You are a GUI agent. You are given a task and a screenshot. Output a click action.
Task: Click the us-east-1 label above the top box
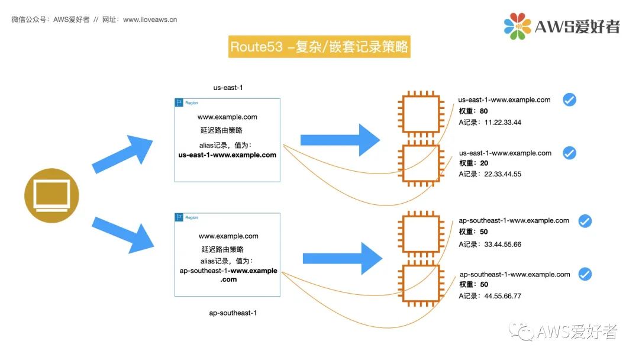click(228, 88)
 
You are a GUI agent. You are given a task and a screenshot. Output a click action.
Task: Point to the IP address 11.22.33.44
click(502, 123)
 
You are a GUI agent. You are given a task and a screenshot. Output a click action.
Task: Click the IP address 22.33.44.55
click(502, 175)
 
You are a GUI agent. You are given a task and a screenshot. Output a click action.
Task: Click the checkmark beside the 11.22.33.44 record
click(569, 100)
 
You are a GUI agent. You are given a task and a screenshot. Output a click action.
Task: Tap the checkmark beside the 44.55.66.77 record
click(585, 274)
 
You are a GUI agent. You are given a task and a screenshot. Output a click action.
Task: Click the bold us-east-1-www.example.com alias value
click(227, 156)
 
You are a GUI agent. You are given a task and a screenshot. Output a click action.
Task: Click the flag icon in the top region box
click(179, 102)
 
